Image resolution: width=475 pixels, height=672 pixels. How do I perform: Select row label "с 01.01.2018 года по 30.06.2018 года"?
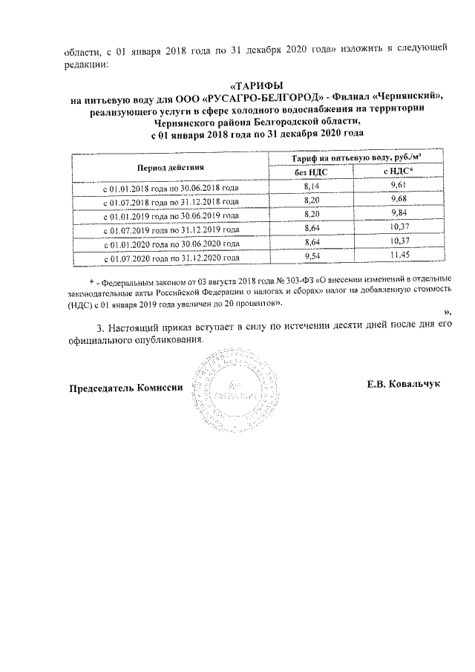pos(170,188)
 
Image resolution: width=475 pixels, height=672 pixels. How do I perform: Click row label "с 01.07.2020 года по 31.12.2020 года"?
pos(170,258)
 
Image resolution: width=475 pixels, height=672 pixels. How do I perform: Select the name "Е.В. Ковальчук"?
pos(403,385)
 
